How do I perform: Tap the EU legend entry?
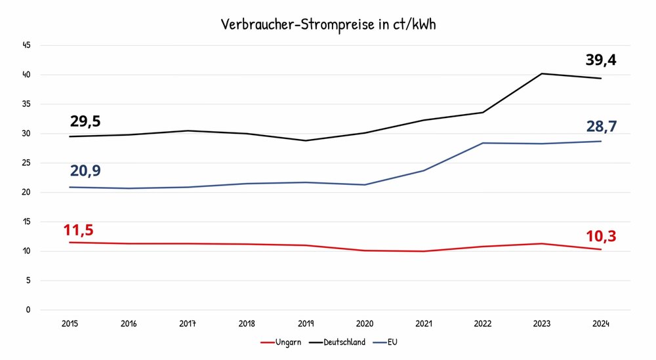coord(389,342)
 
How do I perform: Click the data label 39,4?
coord(601,60)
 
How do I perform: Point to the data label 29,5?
coord(85,121)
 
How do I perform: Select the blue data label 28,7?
coord(602,126)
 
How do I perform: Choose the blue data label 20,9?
coord(86,171)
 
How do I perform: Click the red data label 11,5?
coord(78,230)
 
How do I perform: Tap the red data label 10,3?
coord(601,236)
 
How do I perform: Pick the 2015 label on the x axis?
coord(70,323)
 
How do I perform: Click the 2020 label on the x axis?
coord(365,323)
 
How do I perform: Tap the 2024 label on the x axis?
coord(601,323)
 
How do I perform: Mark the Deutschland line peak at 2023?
coord(542,73)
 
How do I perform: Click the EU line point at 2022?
coord(483,143)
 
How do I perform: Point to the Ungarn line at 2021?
coord(424,251)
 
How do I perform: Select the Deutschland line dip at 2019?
coord(306,140)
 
